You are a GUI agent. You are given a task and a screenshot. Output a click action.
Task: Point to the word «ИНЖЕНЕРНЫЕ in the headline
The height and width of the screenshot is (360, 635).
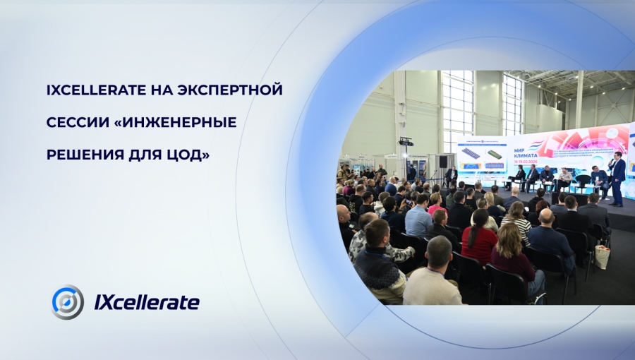click(x=179, y=123)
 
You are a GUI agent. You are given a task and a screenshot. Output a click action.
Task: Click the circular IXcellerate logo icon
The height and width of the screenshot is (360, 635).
click(x=68, y=302)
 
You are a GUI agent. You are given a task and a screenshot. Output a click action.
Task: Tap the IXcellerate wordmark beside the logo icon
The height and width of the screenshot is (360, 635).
click(x=147, y=303)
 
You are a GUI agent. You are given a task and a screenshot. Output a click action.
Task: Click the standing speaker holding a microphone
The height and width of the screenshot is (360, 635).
click(x=617, y=176)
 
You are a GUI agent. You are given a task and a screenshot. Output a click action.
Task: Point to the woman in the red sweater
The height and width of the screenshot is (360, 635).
click(x=480, y=236)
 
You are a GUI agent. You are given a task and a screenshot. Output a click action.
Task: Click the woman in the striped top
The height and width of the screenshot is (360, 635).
click(x=518, y=222)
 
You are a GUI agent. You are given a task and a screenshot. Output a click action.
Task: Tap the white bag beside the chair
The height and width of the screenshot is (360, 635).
click(x=602, y=256)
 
